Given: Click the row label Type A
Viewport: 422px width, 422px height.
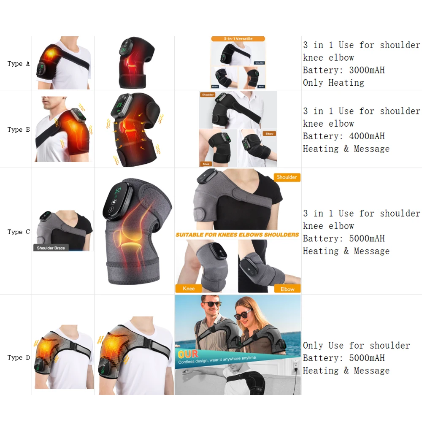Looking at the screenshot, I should pyautogui.click(x=19, y=64).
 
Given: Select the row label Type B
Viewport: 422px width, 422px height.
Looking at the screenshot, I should pyautogui.click(x=19, y=130).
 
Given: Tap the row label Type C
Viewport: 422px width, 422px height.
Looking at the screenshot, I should pyautogui.click(x=19, y=232).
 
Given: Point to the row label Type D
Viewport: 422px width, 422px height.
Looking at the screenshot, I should pyautogui.click(x=19, y=357).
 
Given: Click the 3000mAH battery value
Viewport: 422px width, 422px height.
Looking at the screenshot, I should pyautogui.click(x=367, y=70).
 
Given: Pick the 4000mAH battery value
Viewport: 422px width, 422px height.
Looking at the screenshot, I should pyautogui.click(x=367, y=136).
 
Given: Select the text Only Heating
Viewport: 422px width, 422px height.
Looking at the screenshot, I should pyautogui.click(x=333, y=83).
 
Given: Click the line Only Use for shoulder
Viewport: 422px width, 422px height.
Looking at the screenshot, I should pyautogui.click(x=356, y=346).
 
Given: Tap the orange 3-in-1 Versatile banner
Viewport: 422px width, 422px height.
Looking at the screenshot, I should pyautogui.click(x=238, y=39).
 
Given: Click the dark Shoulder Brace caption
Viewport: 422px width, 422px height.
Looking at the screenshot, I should pyautogui.click(x=51, y=248).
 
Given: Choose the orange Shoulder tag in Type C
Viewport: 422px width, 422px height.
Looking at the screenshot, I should pyautogui.click(x=287, y=177).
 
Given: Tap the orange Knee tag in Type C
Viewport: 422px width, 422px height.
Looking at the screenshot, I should pyautogui.click(x=189, y=289).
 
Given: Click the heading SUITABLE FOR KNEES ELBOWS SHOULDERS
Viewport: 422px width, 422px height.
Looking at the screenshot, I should pyautogui.click(x=237, y=235).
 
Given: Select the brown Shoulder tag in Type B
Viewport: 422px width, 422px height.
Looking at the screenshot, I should pyautogui.click(x=208, y=95).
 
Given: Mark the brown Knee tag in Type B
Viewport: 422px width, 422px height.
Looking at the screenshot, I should pyautogui.click(x=206, y=163).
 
